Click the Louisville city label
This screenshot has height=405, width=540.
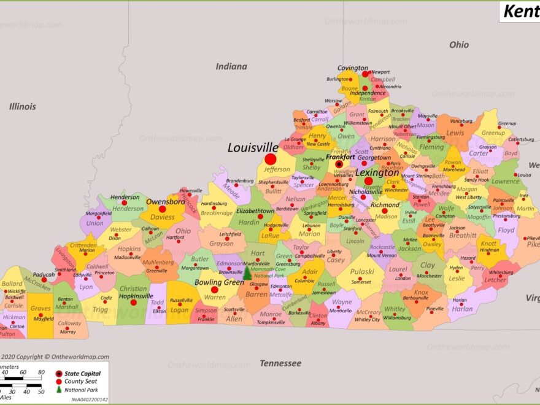[252, 148]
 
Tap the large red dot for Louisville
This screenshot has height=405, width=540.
[271, 159]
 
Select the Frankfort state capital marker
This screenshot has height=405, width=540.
[339, 164]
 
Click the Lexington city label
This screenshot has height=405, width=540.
[377, 173]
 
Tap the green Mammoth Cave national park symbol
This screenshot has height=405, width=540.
[247, 274]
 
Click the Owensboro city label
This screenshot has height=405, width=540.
[165, 201]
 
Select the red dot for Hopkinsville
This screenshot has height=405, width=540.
[133, 302]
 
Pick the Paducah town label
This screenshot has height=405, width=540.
[44, 274]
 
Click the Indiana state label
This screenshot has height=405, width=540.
[231, 66]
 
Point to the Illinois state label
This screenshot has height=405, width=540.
[23, 106]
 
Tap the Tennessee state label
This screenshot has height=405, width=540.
[280, 363]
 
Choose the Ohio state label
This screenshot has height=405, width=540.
[458, 45]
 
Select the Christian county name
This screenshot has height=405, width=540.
[133, 289]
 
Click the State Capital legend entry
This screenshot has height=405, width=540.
[83, 373]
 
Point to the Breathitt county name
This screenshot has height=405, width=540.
[462, 235]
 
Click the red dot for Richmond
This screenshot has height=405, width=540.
[384, 210]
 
